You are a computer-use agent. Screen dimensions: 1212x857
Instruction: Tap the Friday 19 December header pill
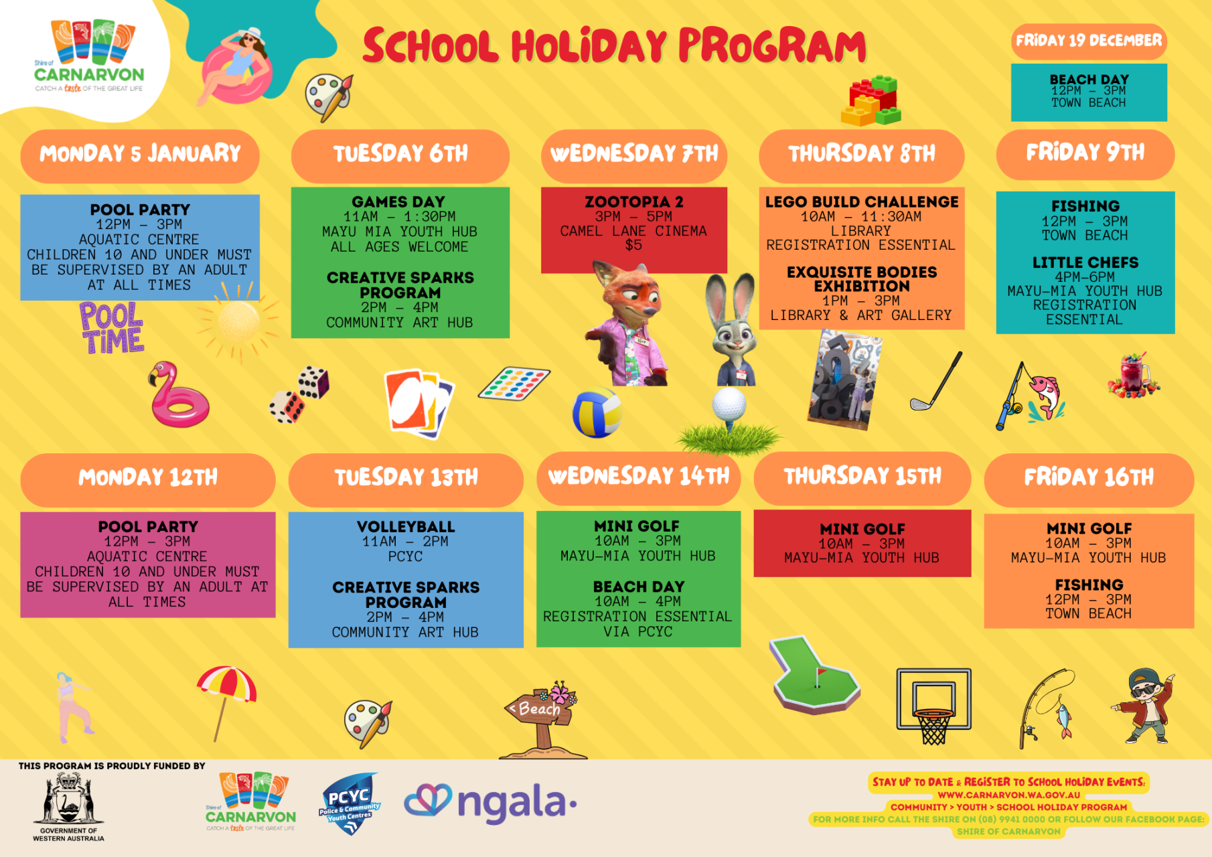pyautogui.click(x=1089, y=41)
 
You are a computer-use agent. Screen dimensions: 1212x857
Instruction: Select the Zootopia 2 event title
pyautogui.click(x=634, y=202)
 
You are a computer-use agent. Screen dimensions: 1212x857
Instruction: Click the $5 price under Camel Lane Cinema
pyautogui.click(x=633, y=245)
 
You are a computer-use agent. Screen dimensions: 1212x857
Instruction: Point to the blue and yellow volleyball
pyautogui.click(x=597, y=413)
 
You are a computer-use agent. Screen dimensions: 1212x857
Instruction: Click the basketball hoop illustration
pyautogui.click(x=933, y=705)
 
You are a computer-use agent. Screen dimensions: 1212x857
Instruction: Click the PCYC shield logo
pyautogui.click(x=349, y=803)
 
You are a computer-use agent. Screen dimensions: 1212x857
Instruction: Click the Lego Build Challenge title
pyautogui.click(x=862, y=202)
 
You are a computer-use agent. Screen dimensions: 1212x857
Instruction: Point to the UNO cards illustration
pyautogui.click(x=419, y=403)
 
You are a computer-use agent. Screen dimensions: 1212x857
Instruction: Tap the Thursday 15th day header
pyautogui.click(x=862, y=477)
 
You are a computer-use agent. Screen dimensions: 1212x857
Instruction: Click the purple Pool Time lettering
pyautogui.click(x=112, y=327)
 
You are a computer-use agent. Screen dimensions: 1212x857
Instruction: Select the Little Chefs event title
pyautogui.click(x=1085, y=262)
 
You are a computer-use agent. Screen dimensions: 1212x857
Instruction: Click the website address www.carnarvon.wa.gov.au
pyautogui.click(x=1009, y=795)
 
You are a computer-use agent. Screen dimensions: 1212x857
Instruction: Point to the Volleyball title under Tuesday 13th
pyautogui.click(x=406, y=527)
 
